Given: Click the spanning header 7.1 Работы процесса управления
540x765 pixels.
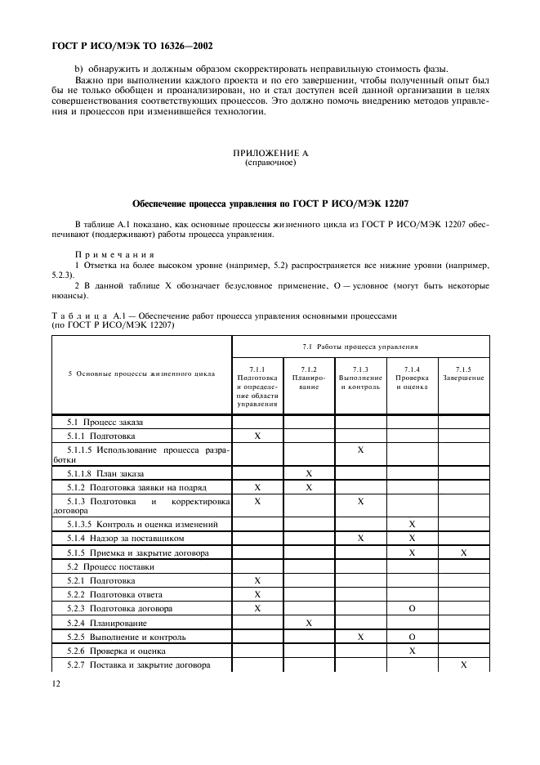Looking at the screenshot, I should [x=360, y=347].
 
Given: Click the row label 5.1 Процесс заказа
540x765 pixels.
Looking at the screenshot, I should [x=105, y=423].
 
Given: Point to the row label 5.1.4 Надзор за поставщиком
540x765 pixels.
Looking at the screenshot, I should [x=125, y=539].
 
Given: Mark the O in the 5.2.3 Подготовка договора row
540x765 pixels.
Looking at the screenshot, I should [x=412, y=609].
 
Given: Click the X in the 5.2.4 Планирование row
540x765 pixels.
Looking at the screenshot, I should [x=309, y=623].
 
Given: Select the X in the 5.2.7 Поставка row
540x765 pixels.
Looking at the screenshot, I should [x=463, y=665].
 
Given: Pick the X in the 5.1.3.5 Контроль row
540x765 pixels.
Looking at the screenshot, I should [x=412, y=524].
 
